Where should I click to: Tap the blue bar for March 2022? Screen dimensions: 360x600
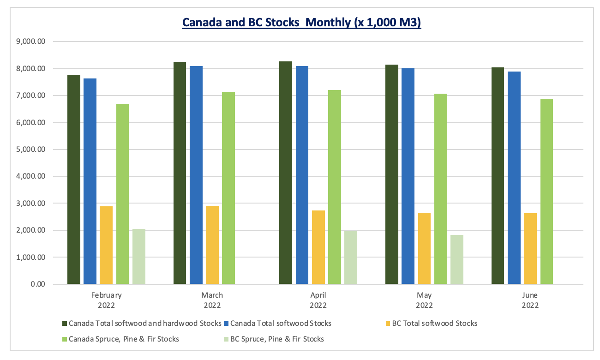coord(196,175)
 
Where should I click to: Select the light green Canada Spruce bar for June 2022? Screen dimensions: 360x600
coord(546,191)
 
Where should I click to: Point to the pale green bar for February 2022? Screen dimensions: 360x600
coord(139,256)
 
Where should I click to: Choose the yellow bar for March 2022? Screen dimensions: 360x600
coord(212,245)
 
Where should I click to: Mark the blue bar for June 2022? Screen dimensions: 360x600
coord(514,178)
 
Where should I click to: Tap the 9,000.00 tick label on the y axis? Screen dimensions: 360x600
coord(30,42)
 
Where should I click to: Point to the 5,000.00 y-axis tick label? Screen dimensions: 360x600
coord(30,150)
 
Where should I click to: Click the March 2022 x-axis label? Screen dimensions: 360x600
coord(212,300)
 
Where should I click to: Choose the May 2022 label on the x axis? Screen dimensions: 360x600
coord(424,300)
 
